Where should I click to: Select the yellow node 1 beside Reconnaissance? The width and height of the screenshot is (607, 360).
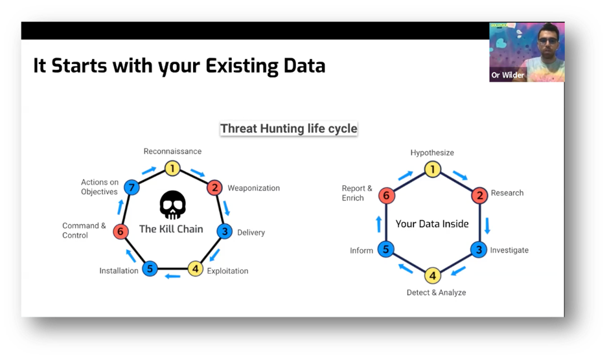pos(172,168)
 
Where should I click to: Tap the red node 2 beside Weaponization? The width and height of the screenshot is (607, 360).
pos(214,188)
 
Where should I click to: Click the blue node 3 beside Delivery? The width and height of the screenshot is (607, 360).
pos(224,231)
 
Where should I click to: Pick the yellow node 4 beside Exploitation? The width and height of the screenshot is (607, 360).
pos(196,268)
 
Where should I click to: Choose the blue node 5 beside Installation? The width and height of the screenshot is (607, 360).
pos(150,268)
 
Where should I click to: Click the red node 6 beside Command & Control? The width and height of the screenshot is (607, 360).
pos(120,231)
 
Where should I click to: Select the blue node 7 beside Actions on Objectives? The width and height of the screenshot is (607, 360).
pos(132,188)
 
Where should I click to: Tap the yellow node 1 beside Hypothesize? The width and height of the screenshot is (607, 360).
pos(433,170)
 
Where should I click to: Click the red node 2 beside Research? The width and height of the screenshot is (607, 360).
pos(479,195)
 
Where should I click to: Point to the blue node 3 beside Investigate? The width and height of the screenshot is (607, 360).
pos(479,249)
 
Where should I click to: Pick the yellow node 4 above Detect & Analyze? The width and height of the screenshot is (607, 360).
pos(433,275)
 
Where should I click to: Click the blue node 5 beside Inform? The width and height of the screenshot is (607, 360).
pos(386,249)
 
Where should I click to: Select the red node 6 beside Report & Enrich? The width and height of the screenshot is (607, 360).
pos(387,195)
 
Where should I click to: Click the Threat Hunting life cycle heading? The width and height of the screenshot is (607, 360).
pos(288,128)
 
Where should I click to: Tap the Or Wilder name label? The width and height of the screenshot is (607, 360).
pos(508,75)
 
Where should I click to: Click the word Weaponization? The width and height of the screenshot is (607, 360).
pos(253,188)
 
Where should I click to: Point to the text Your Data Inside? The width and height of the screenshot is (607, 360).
pos(432,223)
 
